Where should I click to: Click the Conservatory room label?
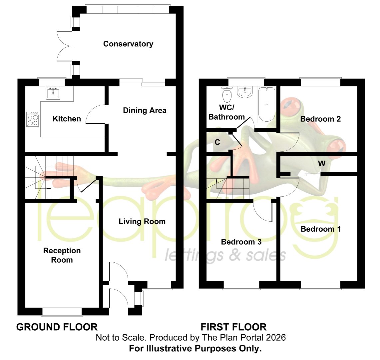pos(128,44)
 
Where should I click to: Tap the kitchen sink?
pos(53,93)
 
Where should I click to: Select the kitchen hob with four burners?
pos(33,119)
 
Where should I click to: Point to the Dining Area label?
pos(145,111)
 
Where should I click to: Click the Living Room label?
pos(142,221)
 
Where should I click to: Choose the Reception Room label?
pos(62,255)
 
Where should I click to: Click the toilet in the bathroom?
pos(227,94)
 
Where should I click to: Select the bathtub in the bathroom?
pos(266,104)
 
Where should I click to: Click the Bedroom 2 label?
pos(320,119)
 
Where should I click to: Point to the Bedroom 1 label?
pos(321,229)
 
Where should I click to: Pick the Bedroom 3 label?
pos(241,242)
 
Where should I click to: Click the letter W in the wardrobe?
pos(322,164)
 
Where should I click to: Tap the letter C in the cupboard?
pos(217,142)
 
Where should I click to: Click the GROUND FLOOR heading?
pos(57,327)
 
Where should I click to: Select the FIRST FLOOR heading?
pos(233,327)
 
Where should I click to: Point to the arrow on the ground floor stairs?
pos(47,188)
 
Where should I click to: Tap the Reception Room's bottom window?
pos(62,312)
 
